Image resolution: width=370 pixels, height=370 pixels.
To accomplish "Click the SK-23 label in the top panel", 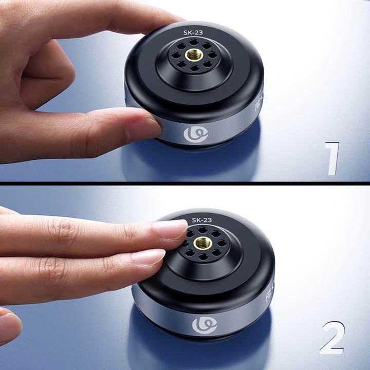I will click(193, 32).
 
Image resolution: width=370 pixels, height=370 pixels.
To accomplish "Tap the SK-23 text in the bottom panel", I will click(202, 220).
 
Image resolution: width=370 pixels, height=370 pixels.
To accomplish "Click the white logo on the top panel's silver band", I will click(196, 135).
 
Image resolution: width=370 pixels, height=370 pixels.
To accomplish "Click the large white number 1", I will click(332, 159).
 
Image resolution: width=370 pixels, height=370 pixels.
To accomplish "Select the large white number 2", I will click(331, 338).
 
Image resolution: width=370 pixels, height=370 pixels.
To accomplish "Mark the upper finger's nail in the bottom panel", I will click(171, 228).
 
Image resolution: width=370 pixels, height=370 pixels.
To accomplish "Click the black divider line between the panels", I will click(185, 183).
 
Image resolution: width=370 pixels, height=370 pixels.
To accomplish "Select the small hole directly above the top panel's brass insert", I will click(194, 42).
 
